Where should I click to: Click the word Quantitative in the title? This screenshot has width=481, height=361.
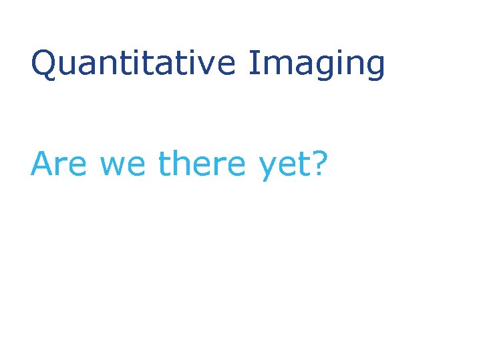(x=133, y=64)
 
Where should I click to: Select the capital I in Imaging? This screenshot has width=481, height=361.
(x=252, y=64)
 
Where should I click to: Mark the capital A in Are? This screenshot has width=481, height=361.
(x=42, y=164)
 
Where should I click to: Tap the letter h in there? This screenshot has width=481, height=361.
(x=181, y=164)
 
